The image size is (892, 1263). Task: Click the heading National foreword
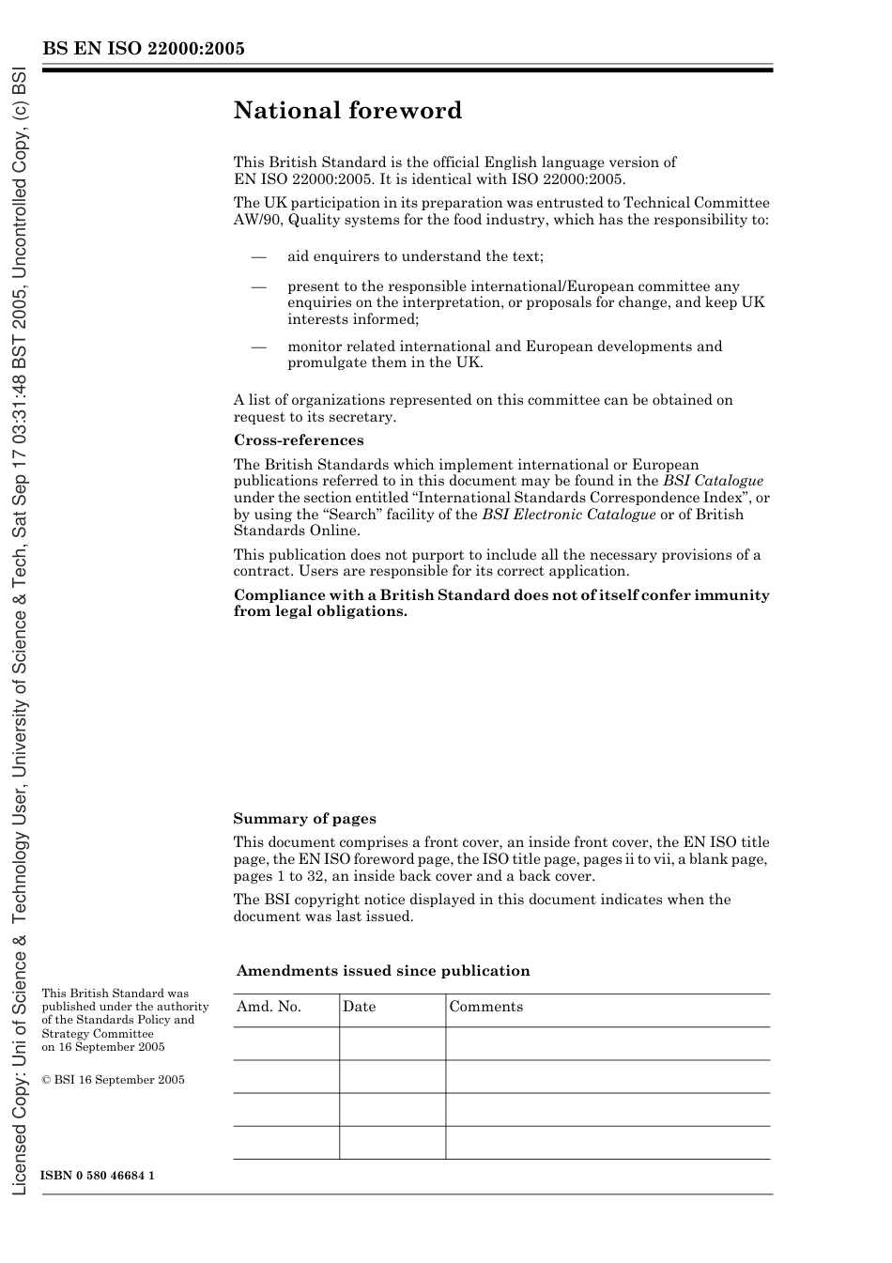point(347,111)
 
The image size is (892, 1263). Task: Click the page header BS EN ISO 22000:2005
point(143,49)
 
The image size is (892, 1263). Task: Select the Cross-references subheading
point(299,440)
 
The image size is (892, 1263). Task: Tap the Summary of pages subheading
point(304,819)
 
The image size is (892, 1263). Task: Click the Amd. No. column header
point(269,1007)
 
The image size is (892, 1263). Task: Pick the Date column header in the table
point(359,1007)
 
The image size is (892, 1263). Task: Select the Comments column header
point(485,1007)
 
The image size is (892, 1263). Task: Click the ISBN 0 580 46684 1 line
point(98,1176)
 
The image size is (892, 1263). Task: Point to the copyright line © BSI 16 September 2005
point(113,1080)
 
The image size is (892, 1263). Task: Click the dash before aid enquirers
point(258,256)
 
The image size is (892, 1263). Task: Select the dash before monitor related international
point(258,347)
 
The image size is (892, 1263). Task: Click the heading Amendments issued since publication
point(383,971)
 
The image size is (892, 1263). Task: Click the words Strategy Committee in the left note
point(98,1034)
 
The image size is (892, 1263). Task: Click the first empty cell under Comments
point(607,1043)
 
